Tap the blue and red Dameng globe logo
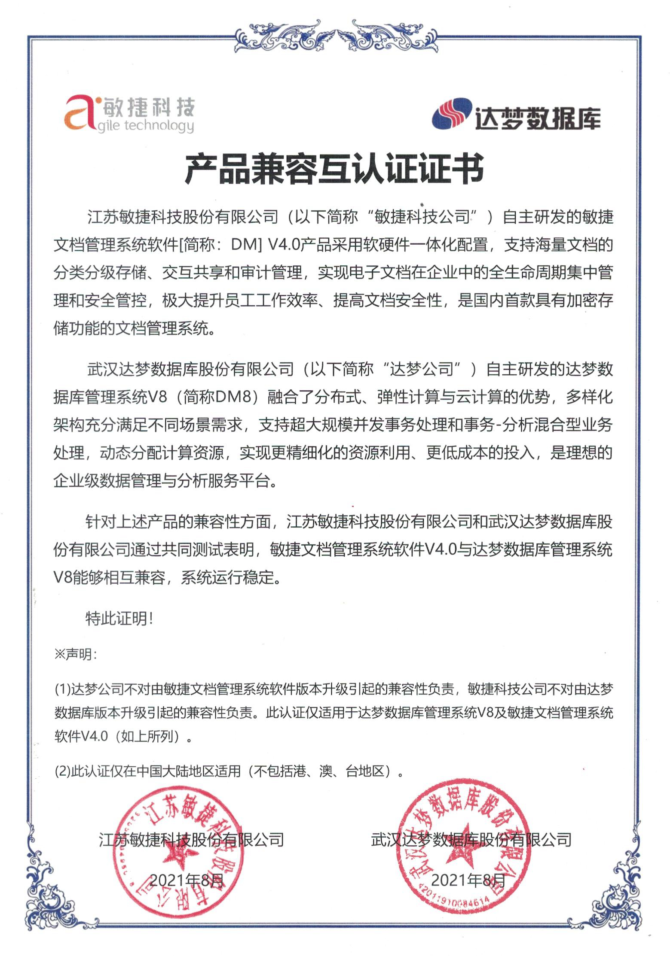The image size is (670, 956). [x=452, y=114]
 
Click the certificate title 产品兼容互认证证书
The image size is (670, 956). [x=334, y=169]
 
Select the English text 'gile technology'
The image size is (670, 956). [x=145, y=126]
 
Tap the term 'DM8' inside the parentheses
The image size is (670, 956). [x=232, y=397]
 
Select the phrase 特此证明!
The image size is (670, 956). [x=119, y=619]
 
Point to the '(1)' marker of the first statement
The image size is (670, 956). [x=62, y=689]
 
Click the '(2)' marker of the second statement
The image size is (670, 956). [x=62, y=771]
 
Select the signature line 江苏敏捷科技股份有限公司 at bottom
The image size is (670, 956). [x=191, y=839]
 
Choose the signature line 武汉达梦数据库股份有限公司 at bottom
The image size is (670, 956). [x=471, y=839]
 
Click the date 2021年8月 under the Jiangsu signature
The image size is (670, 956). [x=187, y=881]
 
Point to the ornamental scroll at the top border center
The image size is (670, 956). [x=335, y=36]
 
